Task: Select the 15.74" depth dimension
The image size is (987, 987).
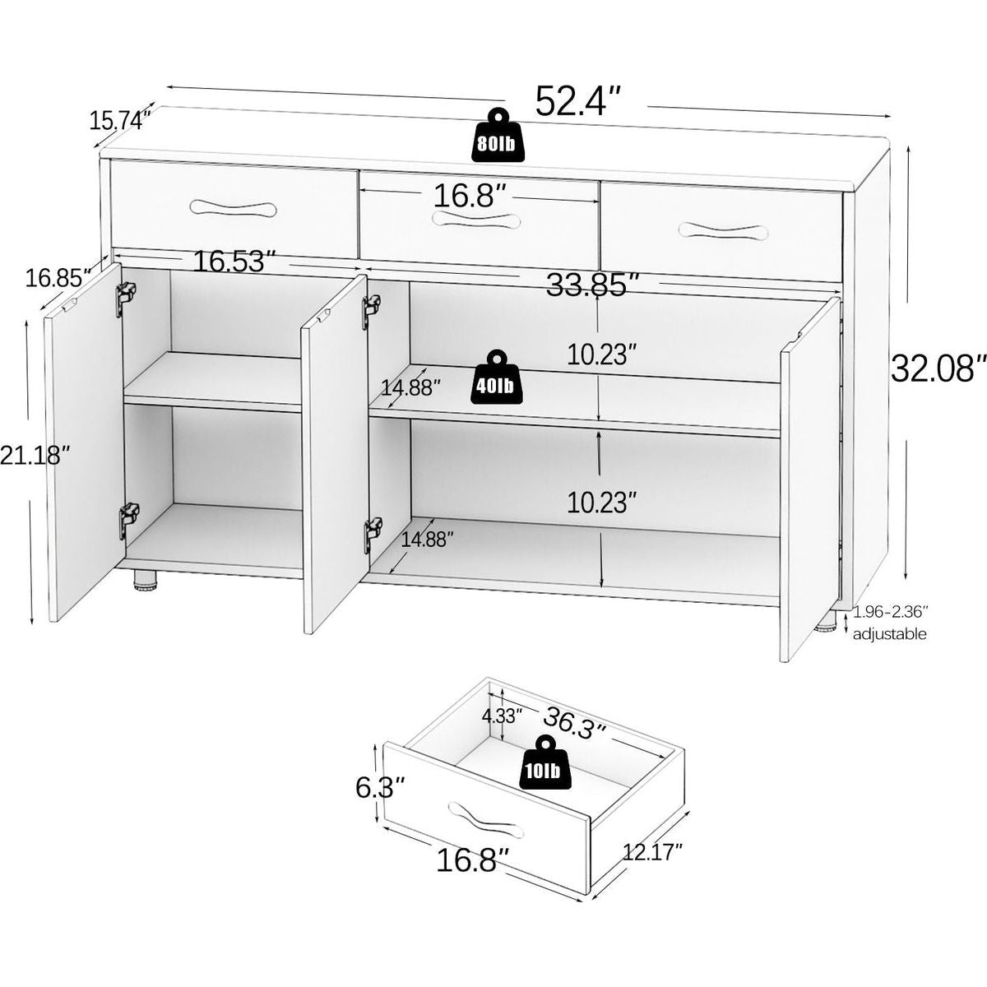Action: [120, 121]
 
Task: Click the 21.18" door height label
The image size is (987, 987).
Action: [35, 456]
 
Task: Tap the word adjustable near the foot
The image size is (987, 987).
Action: [890, 635]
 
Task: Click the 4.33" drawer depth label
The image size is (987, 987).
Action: [502, 716]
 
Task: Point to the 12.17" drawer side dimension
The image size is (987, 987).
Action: [652, 853]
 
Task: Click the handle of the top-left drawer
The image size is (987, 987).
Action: [233, 208]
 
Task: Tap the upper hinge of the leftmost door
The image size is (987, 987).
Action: [126, 299]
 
